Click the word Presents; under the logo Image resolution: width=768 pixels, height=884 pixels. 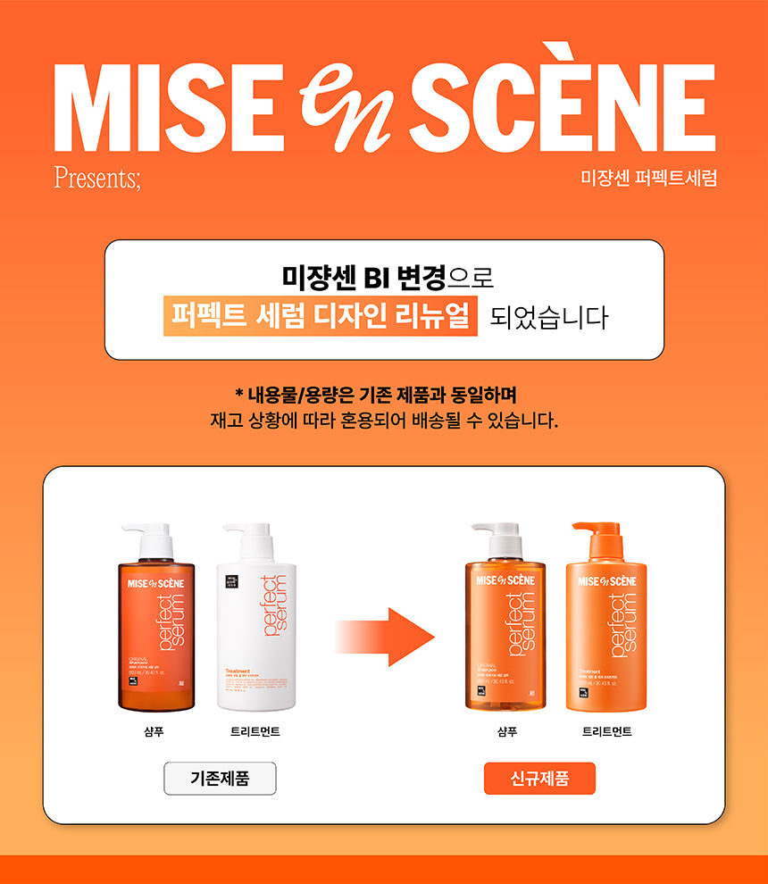pyautogui.click(x=97, y=176)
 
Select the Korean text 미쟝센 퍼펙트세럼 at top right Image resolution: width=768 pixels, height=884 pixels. pyautogui.click(x=648, y=177)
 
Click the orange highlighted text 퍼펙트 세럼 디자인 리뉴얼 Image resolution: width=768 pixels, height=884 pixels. pyautogui.click(x=321, y=317)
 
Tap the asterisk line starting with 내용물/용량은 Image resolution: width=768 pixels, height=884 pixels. pyautogui.click(x=384, y=394)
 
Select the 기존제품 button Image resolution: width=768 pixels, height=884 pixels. pyautogui.click(x=220, y=778)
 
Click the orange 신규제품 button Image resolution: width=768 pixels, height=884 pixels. pyautogui.click(x=539, y=778)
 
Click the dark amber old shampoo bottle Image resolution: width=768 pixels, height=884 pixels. pyautogui.click(x=154, y=634)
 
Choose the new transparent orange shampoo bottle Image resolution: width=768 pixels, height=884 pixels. pyautogui.click(x=505, y=634)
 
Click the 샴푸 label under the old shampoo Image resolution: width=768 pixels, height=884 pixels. pyautogui.click(x=154, y=731)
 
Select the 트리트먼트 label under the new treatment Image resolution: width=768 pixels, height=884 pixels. pyautogui.click(x=607, y=731)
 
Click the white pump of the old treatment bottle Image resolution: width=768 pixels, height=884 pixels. pyautogui.click(x=247, y=536)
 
